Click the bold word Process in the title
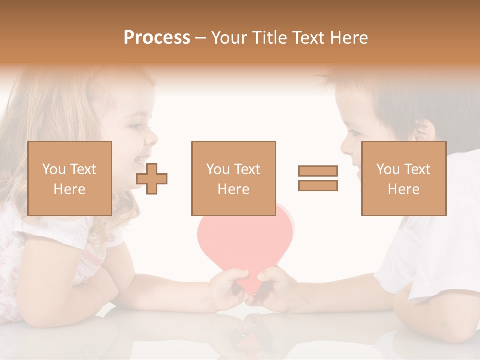(x=157, y=38)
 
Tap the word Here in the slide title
(x=348, y=38)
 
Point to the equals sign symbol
(x=318, y=178)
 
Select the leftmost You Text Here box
(x=70, y=179)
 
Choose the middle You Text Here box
(x=234, y=179)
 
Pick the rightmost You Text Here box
(x=404, y=179)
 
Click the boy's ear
(x=424, y=131)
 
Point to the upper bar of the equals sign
(x=318, y=171)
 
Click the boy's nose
(x=345, y=146)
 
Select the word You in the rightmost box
(x=387, y=169)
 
